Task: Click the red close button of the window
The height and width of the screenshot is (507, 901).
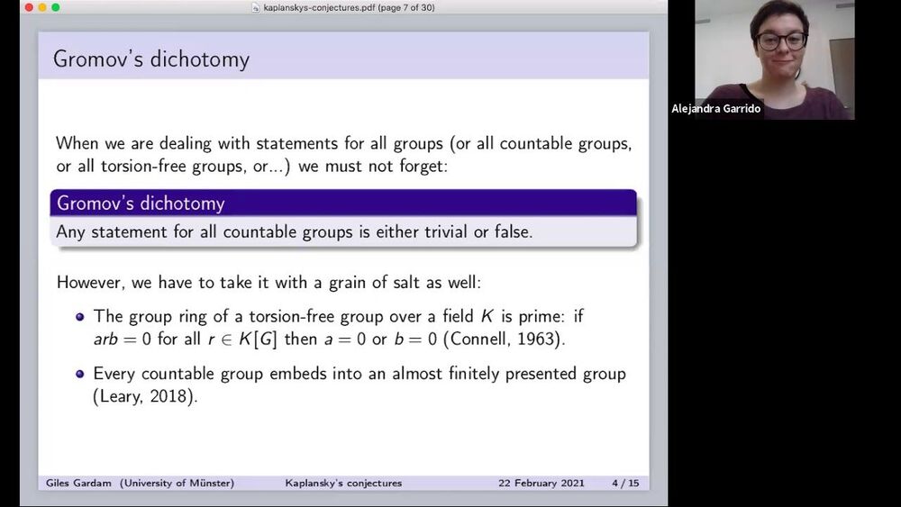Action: (29, 7)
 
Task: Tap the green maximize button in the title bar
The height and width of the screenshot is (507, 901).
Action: (56, 7)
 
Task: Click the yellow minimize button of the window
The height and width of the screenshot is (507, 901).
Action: (42, 7)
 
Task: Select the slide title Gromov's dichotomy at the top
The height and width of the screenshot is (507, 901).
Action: (151, 59)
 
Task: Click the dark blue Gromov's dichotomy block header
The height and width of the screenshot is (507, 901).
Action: (343, 204)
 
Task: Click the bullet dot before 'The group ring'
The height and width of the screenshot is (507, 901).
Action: (80, 316)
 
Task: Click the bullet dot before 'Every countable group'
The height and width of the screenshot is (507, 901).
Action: (80, 374)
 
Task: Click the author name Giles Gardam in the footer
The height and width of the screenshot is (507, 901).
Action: (78, 483)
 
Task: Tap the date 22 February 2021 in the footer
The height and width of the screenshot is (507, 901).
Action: (542, 483)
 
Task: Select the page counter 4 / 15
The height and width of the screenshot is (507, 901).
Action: (625, 483)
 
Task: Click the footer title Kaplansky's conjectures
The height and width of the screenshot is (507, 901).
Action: (343, 483)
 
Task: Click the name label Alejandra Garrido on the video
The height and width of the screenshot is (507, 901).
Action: (716, 109)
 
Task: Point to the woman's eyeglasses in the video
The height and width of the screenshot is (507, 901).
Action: (781, 41)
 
